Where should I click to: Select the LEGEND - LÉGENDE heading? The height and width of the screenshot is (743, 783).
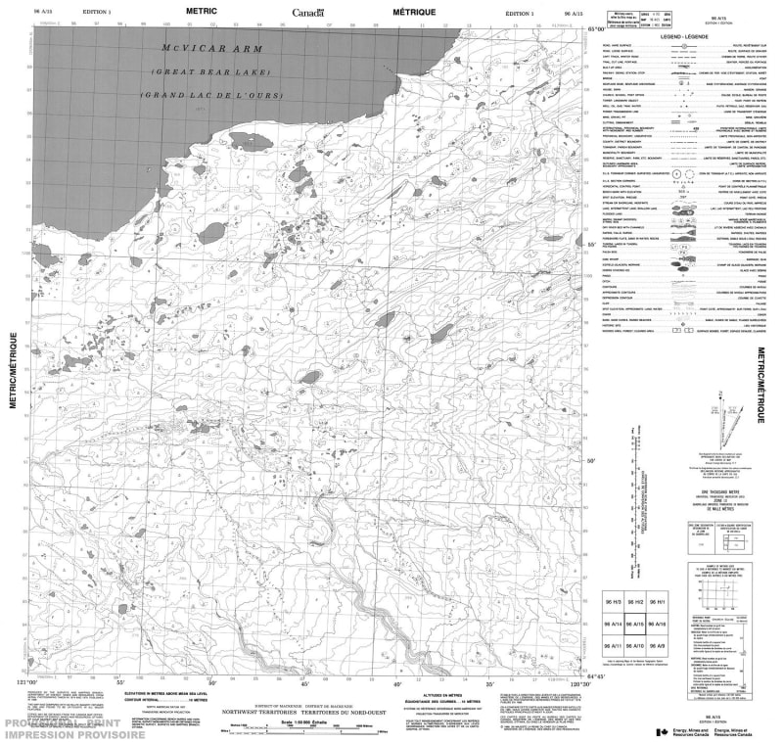click(x=684, y=35)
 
